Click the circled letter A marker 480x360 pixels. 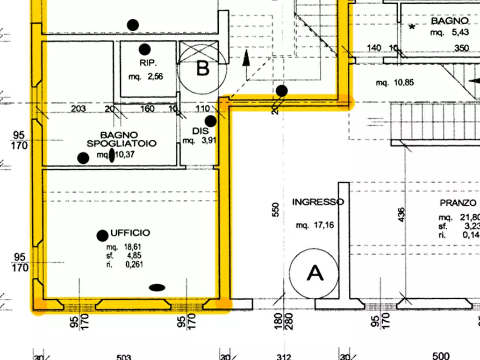point(314,273)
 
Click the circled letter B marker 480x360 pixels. point(203,68)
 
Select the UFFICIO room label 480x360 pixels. point(130,233)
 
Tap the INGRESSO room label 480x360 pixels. point(318,202)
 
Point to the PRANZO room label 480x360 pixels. point(458,203)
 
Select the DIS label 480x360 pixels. point(196,131)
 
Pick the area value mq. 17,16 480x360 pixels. point(315,225)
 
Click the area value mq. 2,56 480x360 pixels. point(145,77)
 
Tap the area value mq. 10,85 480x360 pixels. point(394,83)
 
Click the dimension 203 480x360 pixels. point(78,109)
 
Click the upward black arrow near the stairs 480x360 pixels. point(247,58)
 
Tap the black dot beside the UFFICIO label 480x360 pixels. point(102,235)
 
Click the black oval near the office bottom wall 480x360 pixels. point(156,287)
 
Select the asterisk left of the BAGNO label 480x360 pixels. point(412,27)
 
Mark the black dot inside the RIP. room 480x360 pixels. point(144,49)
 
